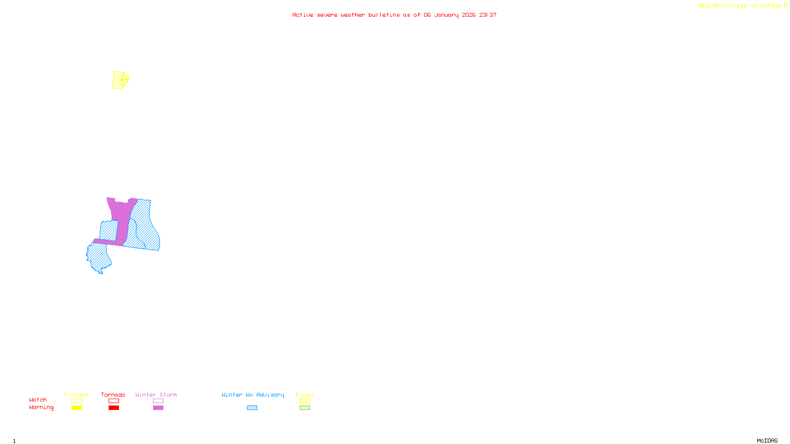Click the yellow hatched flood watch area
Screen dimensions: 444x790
pos(118,80)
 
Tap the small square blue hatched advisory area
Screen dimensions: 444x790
pos(108,230)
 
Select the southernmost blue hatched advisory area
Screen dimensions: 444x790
pos(98,257)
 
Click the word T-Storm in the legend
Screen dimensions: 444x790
pos(76,395)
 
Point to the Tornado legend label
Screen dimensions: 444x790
pos(113,395)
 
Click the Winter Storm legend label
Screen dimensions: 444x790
pos(156,395)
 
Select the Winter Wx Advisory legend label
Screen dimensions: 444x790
pos(253,395)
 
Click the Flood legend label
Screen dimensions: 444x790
pos(305,395)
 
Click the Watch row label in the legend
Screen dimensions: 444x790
pos(38,400)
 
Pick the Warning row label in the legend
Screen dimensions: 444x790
pos(41,407)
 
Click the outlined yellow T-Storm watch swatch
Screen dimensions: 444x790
pos(77,401)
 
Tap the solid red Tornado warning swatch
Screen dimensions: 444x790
pos(114,408)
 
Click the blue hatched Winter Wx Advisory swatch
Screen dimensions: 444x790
pos(252,408)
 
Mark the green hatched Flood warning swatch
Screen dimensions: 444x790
pos(305,408)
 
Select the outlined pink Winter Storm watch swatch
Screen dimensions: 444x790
pos(158,401)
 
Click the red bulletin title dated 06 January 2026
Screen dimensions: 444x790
pos(395,15)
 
